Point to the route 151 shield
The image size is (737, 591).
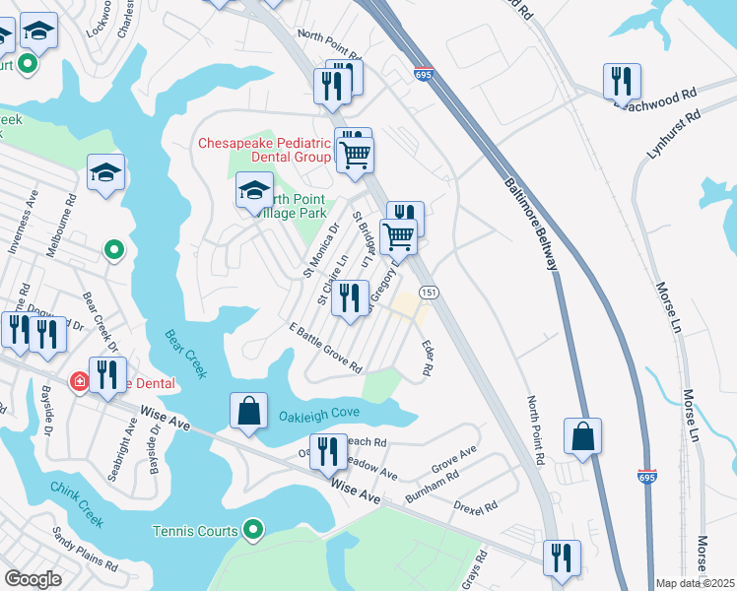[429, 294]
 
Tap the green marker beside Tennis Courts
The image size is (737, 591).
[253, 531]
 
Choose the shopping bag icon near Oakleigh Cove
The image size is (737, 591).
[249, 412]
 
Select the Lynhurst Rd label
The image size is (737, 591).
[673, 129]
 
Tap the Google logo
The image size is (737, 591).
[33, 579]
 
